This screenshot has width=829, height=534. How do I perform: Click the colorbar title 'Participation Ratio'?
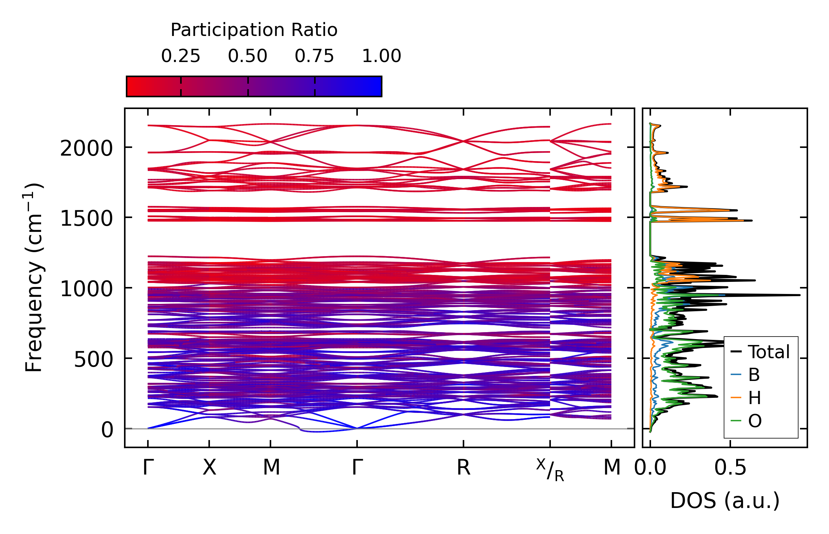pyautogui.click(x=254, y=30)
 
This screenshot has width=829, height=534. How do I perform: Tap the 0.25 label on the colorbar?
pyautogui.click(x=181, y=56)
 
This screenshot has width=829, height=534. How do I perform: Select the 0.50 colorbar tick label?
pyautogui.click(x=248, y=56)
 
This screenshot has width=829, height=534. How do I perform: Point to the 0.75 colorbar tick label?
pyautogui.click(x=314, y=56)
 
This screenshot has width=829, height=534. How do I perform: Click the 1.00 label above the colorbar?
pyautogui.click(x=382, y=56)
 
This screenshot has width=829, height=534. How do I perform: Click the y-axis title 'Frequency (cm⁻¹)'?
pyautogui.click(x=34, y=277)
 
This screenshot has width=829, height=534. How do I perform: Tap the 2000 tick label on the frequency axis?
pyautogui.click(x=86, y=149)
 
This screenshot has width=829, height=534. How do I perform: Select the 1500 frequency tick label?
pyautogui.click(x=86, y=219)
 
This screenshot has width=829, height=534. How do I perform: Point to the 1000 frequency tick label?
pyautogui.click(x=86, y=289)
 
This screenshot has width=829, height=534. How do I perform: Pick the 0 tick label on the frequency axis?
pyautogui.click(x=107, y=430)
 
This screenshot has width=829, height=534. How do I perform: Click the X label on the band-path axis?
pyautogui.click(x=209, y=468)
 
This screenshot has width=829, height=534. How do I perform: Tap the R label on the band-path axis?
pyautogui.click(x=463, y=468)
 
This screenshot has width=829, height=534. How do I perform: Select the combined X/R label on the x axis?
pyautogui.click(x=550, y=470)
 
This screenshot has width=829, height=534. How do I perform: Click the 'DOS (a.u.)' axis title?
pyautogui.click(x=725, y=501)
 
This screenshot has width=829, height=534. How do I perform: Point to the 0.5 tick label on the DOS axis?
pyautogui.click(x=730, y=468)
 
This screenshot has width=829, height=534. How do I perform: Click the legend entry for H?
pyautogui.click(x=755, y=398)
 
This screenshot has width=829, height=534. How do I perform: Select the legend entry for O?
pyautogui.click(x=755, y=421)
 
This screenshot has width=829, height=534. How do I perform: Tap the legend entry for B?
pyautogui.click(x=754, y=375)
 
